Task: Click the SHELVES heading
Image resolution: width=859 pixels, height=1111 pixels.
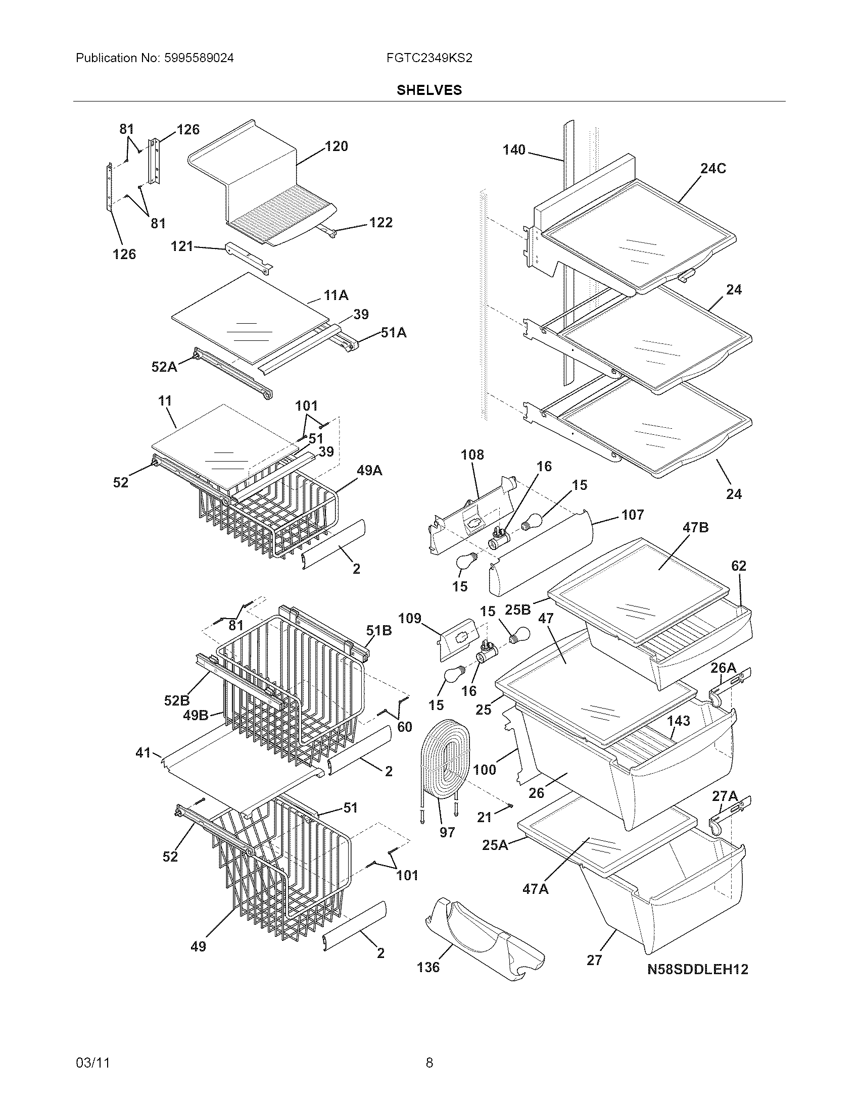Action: (x=429, y=90)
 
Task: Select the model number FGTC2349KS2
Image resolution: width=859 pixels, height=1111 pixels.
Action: (x=429, y=58)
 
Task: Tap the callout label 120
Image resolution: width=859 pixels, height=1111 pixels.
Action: (x=337, y=146)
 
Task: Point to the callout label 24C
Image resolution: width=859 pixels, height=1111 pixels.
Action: (x=713, y=168)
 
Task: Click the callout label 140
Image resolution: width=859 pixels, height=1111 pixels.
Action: (x=514, y=149)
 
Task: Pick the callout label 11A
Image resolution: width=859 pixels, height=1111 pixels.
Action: (x=336, y=295)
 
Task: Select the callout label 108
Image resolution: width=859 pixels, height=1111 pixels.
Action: (x=472, y=454)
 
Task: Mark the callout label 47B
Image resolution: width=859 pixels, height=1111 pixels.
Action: (x=695, y=528)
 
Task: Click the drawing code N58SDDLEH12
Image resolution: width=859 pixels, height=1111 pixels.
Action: (x=698, y=969)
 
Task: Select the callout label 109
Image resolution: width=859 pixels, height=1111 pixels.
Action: (x=410, y=619)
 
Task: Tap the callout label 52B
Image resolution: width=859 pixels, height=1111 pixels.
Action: (x=176, y=700)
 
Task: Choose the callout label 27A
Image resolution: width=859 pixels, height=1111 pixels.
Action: (x=724, y=795)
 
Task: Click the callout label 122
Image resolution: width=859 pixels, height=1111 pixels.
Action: (x=380, y=222)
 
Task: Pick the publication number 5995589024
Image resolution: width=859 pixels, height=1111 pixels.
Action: (x=199, y=58)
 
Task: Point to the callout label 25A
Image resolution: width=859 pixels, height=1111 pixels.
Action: (x=495, y=845)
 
